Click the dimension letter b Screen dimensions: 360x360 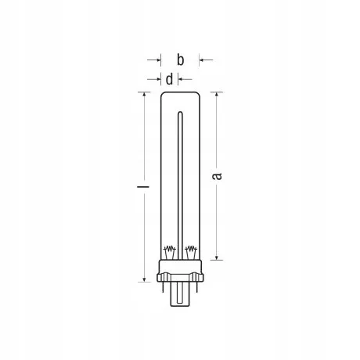point(180,59)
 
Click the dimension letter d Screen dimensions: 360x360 point(169,79)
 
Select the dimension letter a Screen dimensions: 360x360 point(217,176)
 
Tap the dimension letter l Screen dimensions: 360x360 point(143,186)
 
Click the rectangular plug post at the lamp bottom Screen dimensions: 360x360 point(180,294)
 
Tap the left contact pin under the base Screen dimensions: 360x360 point(163,286)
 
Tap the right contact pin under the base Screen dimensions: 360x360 point(198,286)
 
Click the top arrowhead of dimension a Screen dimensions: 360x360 point(216,95)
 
